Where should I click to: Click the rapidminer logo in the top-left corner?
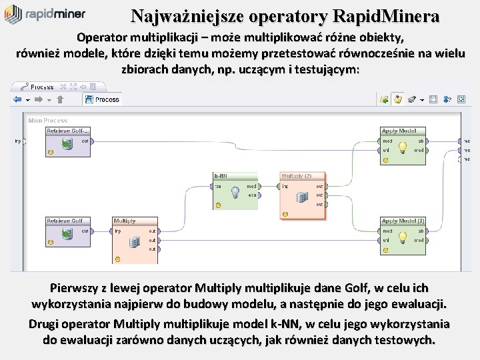click(45, 14)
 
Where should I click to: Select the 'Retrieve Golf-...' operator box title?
click(67, 131)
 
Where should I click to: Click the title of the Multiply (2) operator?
click(297, 175)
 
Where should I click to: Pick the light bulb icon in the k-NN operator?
click(235, 193)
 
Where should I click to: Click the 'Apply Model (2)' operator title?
click(403, 221)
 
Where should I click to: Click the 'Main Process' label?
click(47, 121)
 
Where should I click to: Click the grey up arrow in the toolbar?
click(60, 99)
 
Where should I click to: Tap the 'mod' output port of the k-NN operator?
click(253, 186)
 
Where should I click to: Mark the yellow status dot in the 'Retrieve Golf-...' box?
click(51, 153)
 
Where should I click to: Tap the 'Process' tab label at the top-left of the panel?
click(42, 87)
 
